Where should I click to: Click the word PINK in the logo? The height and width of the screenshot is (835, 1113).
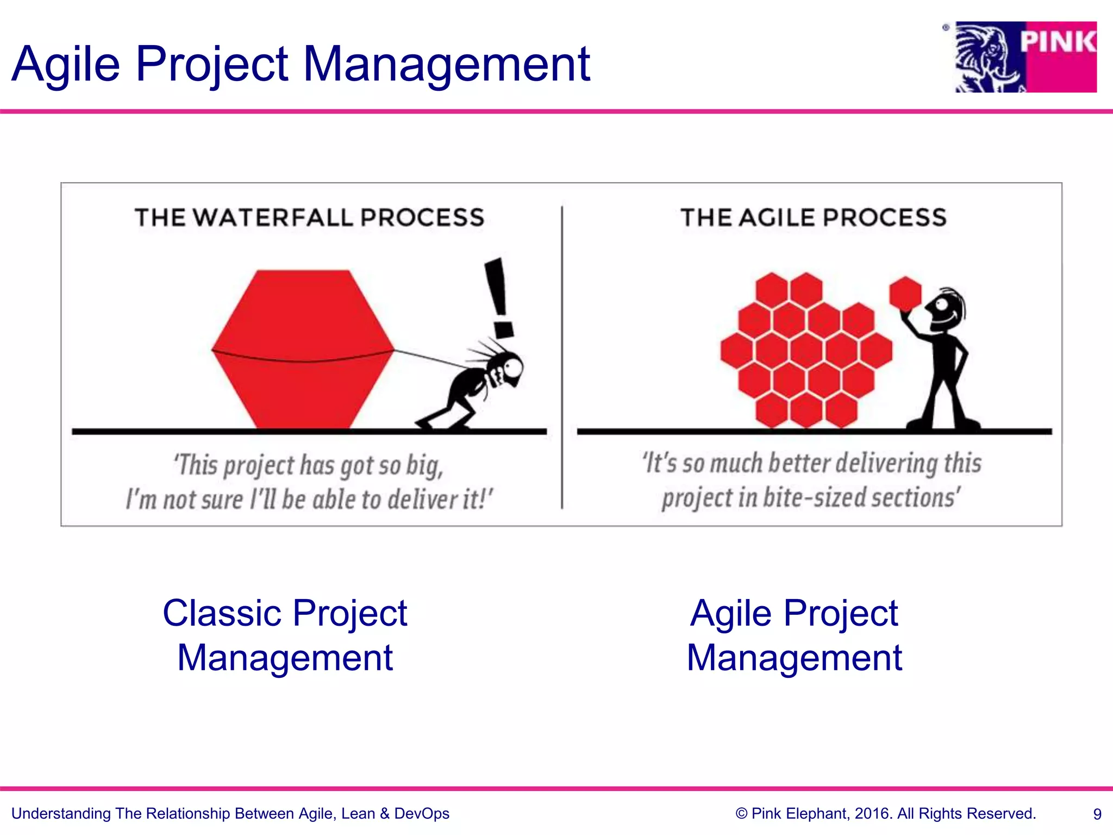(x=1057, y=42)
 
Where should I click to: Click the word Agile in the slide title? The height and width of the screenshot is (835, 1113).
(x=65, y=65)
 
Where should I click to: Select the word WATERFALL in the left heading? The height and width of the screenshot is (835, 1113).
(x=273, y=218)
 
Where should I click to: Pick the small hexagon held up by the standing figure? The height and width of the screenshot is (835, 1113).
(x=905, y=294)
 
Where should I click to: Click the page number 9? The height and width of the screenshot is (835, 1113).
(x=1097, y=814)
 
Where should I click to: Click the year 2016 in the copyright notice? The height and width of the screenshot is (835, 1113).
(x=873, y=814)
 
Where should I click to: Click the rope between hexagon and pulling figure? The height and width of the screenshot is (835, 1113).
(x=429, y=359)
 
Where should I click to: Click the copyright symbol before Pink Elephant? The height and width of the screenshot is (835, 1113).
(x=741, y=814)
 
